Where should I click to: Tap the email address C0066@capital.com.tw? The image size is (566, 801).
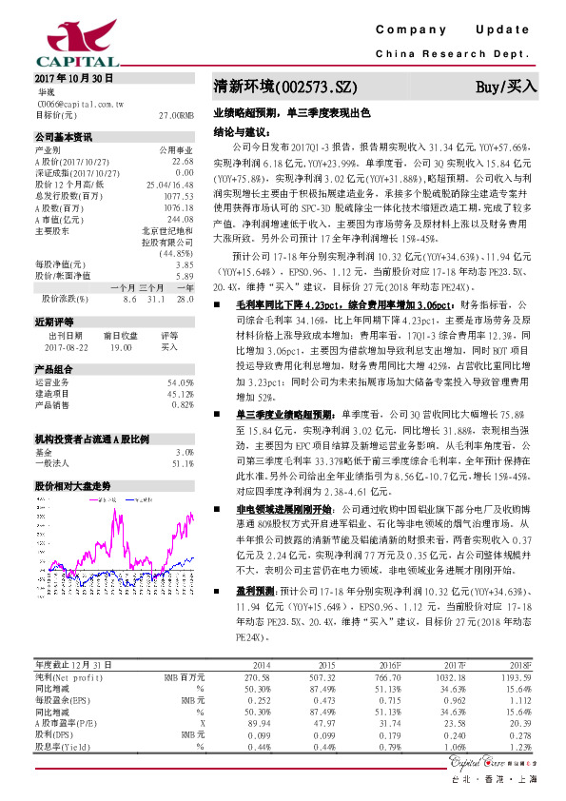pyautogui.click(x=75, y=102)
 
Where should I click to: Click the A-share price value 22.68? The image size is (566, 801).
pyautogui.click(x=183, y=161)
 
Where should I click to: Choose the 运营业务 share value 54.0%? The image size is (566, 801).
pyautogui.click(x=181, y=382)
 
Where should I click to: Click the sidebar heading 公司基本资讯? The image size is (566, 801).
pyautogui.click(x=63, y=138)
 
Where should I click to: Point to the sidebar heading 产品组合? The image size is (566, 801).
pyautogui.click(x=54, y=369)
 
